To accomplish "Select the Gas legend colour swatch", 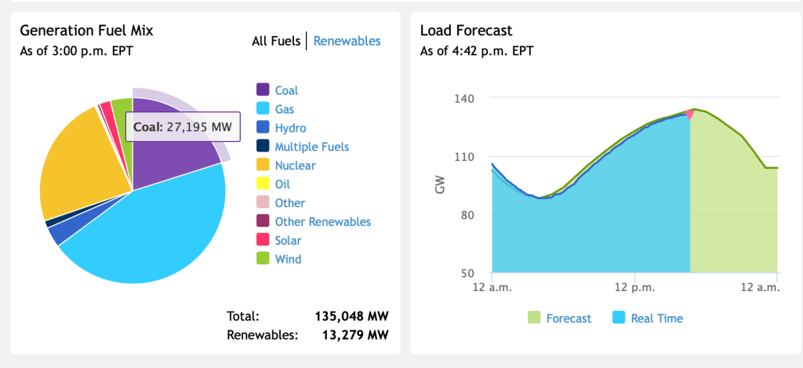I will (263, 109).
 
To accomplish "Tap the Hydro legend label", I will (290, 128).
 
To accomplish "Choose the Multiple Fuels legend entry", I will (311, 147).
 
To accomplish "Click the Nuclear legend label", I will (295, 166).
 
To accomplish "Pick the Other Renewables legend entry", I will (322, 222).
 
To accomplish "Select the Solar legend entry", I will (288, 241).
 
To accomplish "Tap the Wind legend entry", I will (288, 259).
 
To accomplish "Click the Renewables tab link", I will (347, 41).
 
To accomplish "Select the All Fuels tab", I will (275, 41).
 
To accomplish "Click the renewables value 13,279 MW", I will (355, 336).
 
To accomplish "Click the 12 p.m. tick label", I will (633, 288).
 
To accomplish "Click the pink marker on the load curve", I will (689, 115).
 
